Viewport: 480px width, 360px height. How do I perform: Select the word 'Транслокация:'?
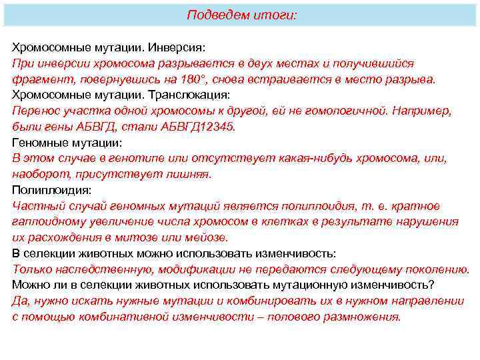[x=189, y=95]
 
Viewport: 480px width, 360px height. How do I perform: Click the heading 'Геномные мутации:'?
[x=67, y=143]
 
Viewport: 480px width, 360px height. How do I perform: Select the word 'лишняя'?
[x=190, y=175]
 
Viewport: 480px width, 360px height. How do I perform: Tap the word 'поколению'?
[x=440, y=269]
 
